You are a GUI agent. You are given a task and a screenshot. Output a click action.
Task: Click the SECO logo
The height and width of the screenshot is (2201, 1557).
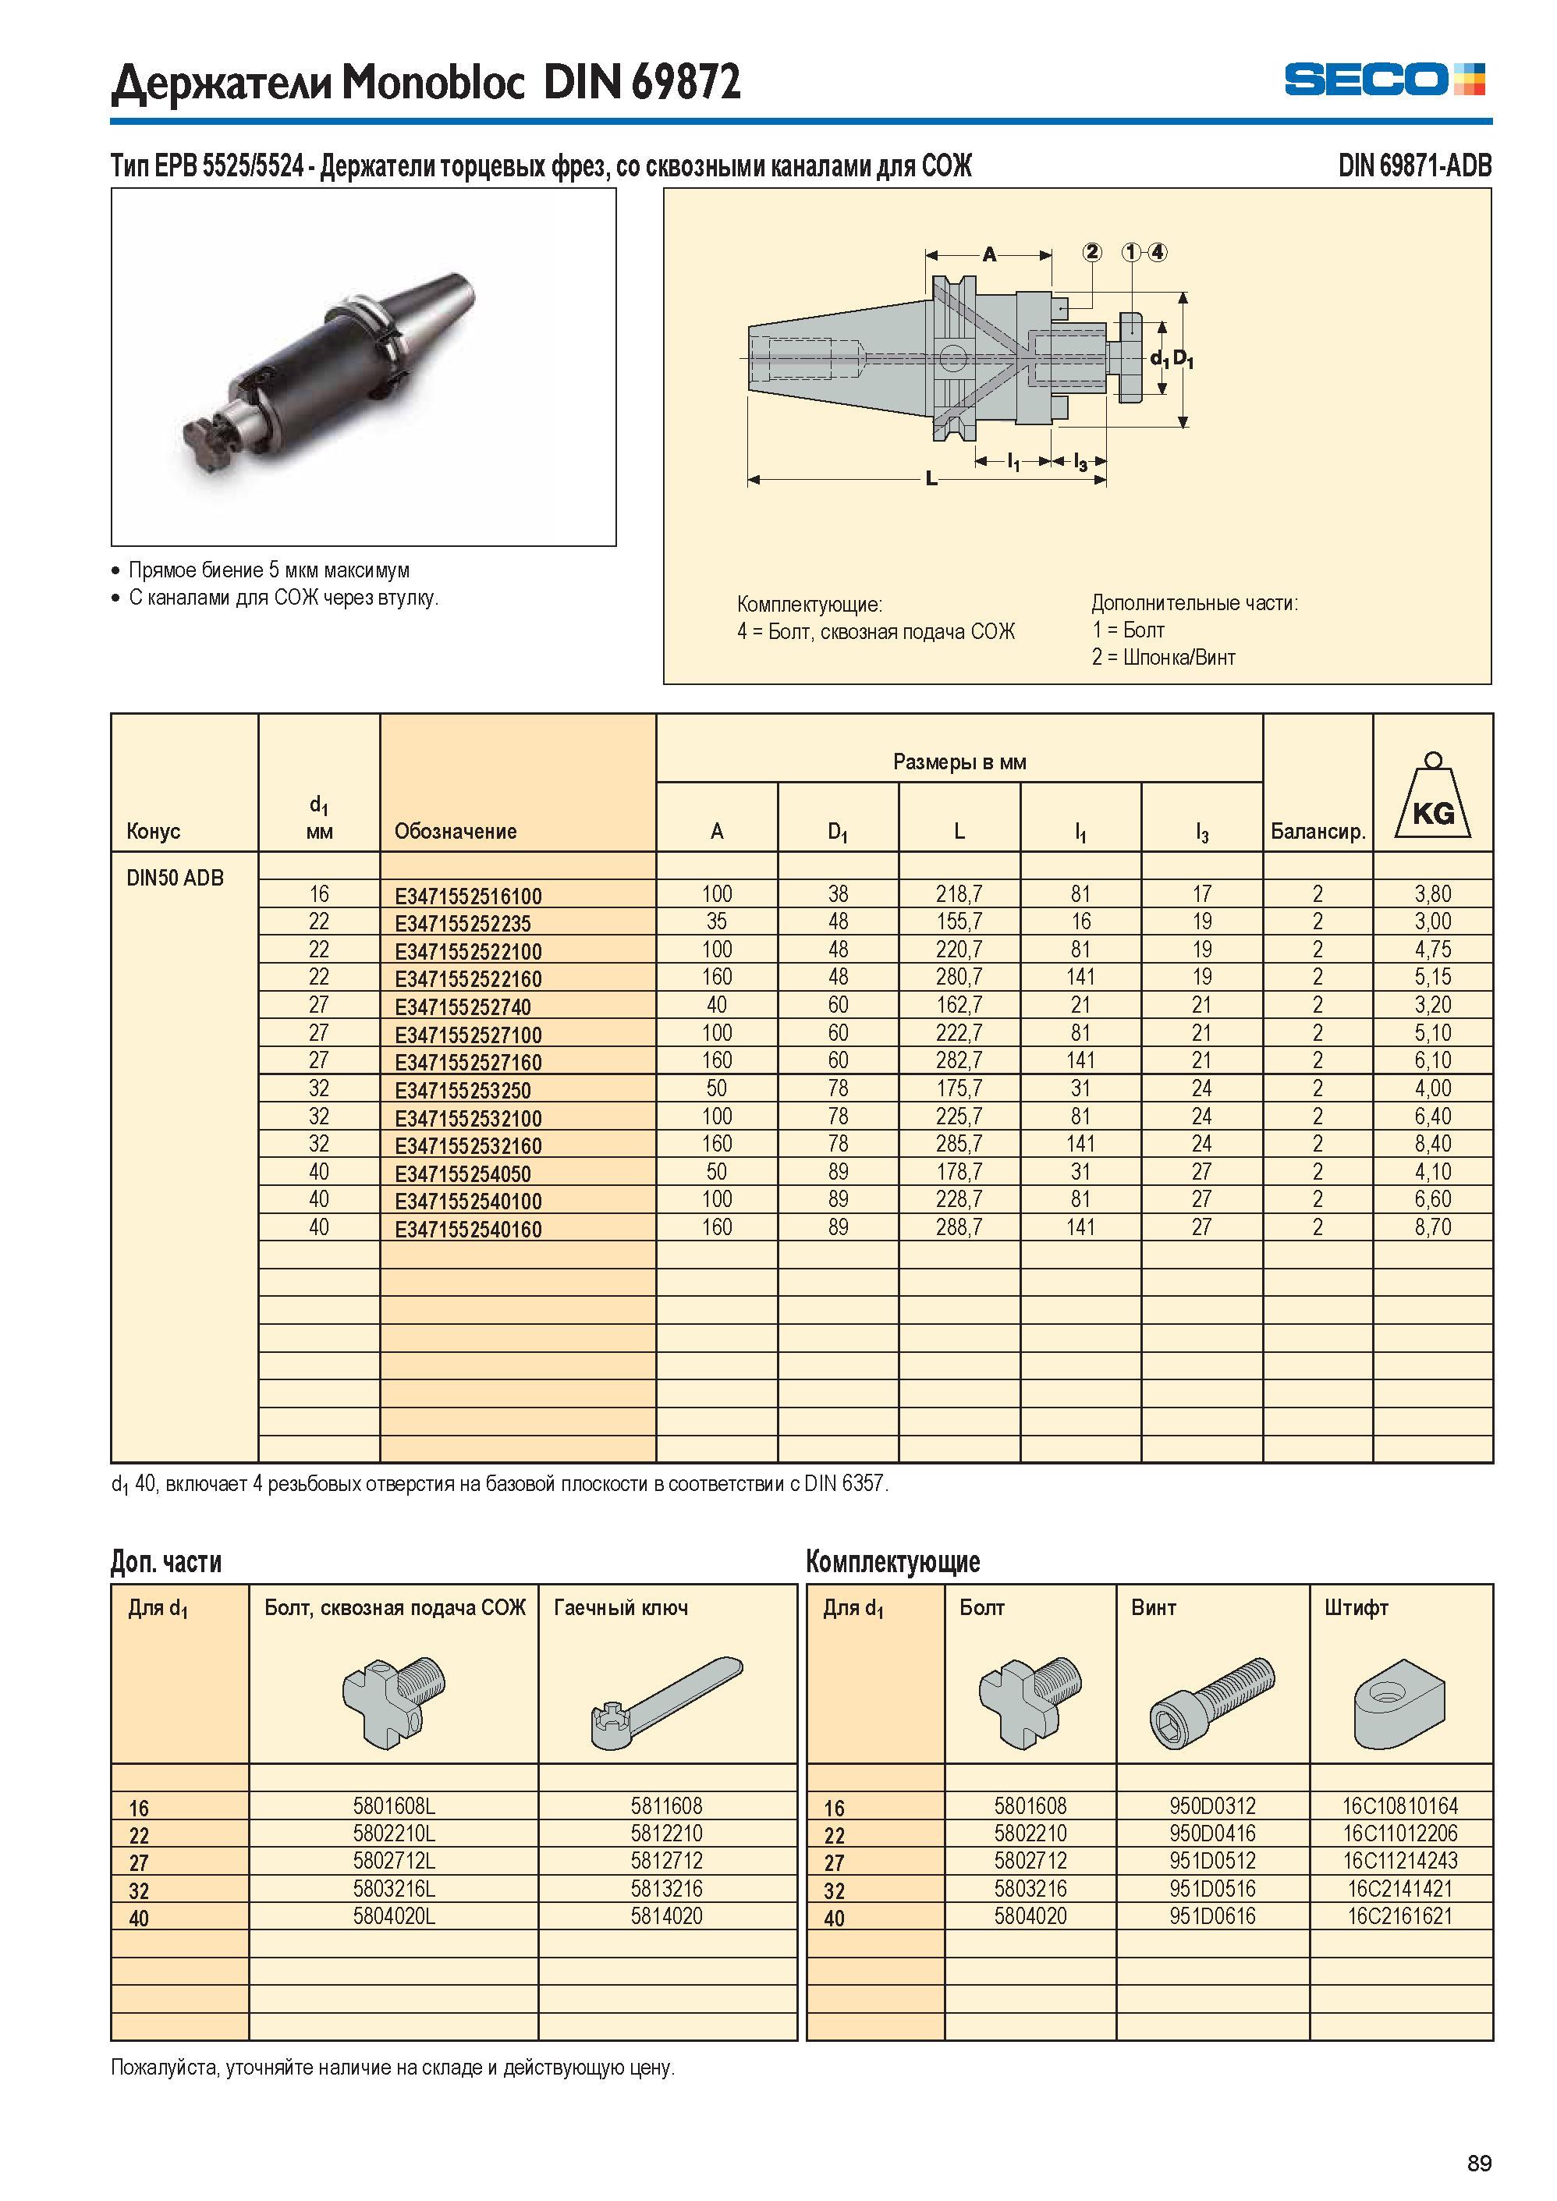pyautogui.click(x=1385, y=79)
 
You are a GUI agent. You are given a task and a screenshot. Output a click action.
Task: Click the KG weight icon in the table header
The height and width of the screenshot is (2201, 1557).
pyautogui.click(x=1432, y=796)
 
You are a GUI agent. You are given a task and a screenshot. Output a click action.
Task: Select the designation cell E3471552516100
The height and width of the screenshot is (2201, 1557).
pyautogui.click(x=468, y=896)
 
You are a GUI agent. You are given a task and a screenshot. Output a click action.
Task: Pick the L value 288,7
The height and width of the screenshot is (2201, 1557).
pyautogui.click(x=959, y=1227)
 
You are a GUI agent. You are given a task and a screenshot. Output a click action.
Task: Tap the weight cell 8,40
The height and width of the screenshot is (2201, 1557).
pyautogui.click(x=1432, y=1144)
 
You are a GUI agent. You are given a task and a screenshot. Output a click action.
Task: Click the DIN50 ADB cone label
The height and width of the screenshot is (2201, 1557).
pyautogui.click(x=175, y=878)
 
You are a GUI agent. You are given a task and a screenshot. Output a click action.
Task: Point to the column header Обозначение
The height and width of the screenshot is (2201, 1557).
pyautogui.click(x=456, y=832)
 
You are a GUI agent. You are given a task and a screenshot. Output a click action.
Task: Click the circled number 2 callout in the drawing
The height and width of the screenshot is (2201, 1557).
pyautogui.click(x=1092, y=252)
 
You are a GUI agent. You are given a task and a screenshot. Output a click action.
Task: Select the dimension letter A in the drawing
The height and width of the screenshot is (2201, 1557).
pyautogui.click(x=989, y=254)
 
